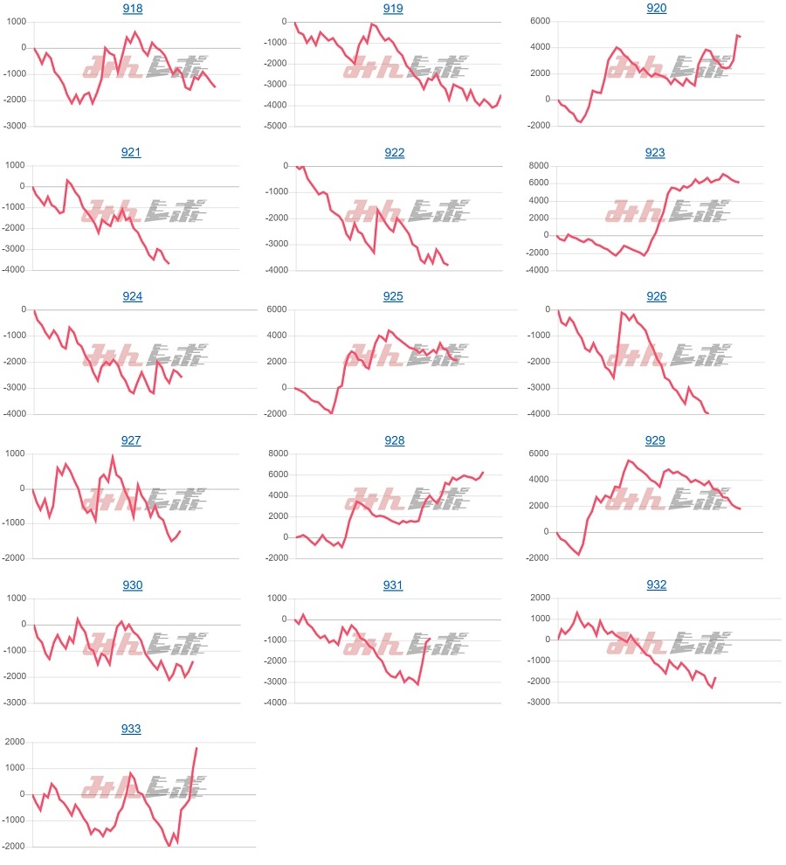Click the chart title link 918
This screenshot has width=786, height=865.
132,9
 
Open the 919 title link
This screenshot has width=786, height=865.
394,9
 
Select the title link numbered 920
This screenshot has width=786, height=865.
656,9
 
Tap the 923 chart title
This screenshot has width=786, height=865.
655,153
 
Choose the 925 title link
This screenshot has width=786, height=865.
393,297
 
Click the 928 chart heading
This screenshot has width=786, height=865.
394,441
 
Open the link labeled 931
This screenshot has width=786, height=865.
393,585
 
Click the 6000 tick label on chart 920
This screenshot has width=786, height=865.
538,22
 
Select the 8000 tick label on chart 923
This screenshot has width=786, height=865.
538,166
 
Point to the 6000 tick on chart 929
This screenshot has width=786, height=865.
538,453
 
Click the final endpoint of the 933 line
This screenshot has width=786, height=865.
196,748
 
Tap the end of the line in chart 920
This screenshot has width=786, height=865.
741,37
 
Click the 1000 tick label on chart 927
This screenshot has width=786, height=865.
16,453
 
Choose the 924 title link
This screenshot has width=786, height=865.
132,297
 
